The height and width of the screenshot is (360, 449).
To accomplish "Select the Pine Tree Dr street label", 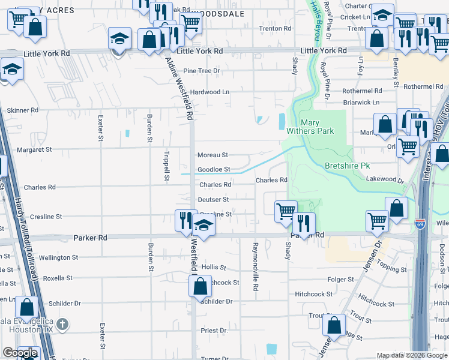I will [202, 71].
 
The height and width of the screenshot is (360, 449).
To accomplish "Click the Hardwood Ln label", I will [209, 92].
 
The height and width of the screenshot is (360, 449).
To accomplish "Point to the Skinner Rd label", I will [22, 110].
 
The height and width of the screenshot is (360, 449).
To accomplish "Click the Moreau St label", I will [213, 155].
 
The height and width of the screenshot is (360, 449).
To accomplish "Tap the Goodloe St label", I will [214, 170].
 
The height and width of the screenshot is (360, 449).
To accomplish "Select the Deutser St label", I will [214, 199].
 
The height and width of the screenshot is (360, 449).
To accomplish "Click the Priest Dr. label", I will [215, 331].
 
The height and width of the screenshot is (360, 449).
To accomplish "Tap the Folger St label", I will [341, 280].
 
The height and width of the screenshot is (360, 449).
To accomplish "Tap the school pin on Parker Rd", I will [204, 226].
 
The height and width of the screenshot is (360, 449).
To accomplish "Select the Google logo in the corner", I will [20, 353].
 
